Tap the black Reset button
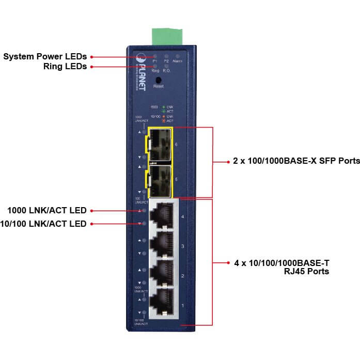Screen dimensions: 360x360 tap(158, 80)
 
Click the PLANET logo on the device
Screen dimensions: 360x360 tap(141, 72)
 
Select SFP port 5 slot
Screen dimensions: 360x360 tap(161, 179)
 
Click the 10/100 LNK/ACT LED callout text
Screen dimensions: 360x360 tap(43, 224)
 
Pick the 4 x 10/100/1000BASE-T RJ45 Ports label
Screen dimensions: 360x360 tap(281, 267)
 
